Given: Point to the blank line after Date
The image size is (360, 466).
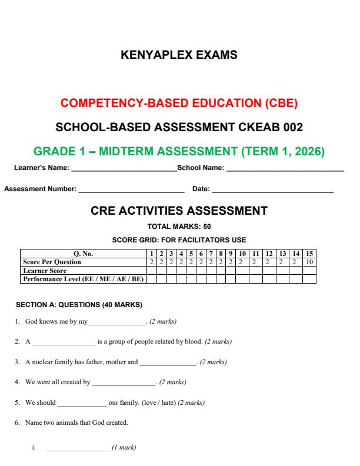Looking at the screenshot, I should pos(272,190).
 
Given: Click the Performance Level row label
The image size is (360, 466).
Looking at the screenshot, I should pos(82,278).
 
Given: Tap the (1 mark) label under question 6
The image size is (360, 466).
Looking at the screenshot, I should pos(124,448).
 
